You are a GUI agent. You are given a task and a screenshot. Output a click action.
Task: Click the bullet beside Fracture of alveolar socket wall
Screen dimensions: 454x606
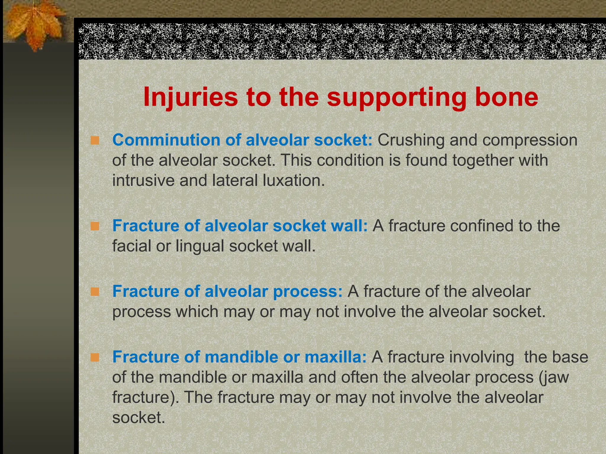coord(95,226)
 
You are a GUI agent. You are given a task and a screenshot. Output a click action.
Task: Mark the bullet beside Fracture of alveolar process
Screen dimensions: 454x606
coord(95,292)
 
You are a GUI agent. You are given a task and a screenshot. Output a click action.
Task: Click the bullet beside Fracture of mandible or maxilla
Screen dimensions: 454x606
coord(95,358)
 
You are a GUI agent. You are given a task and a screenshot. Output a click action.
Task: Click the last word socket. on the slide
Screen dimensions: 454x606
coord(138,417)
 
